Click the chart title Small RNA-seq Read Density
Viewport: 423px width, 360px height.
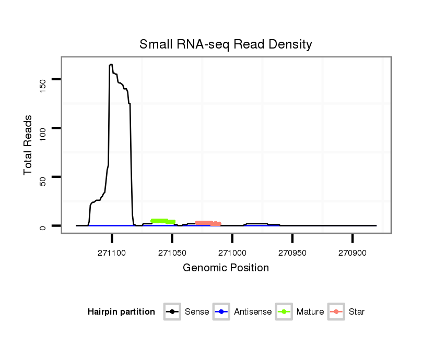coord(226,44)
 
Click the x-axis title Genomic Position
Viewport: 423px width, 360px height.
coord(226,268)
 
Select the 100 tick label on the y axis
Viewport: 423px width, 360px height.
coord(43,128)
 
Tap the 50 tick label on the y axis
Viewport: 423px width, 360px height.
coord(43,177)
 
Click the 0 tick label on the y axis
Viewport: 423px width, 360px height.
coord(43,226)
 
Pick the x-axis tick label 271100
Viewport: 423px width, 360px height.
coord(112,253)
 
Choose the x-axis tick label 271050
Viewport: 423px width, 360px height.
coord(172,253)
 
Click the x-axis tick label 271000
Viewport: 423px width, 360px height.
coord(232,253)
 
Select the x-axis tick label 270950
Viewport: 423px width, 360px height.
coord(292,253)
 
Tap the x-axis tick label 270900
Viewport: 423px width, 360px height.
coord(352,253)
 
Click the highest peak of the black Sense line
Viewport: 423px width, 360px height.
coord(111,65)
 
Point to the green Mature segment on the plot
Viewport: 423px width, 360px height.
coord(162,221)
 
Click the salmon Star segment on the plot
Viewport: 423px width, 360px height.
coord(207,223)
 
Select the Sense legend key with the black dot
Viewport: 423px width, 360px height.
coord(172,312)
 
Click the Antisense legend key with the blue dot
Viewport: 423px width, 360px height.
coord(221,312)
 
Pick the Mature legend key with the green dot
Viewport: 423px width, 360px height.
coord(284,312)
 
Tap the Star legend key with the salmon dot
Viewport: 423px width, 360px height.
coord(336,312)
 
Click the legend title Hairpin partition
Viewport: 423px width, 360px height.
coord(122,312)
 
